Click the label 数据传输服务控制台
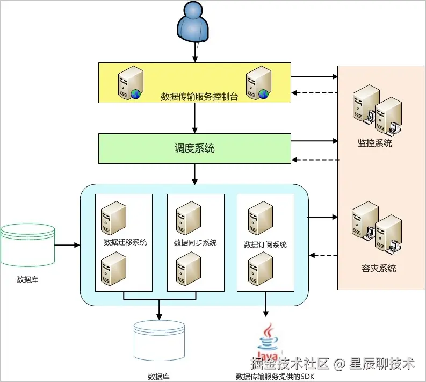[x=199, y=97]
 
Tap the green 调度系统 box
[x=194, y=148]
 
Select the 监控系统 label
[x=375, y=143]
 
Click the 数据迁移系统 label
[x=125, y=242]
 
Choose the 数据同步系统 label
[x=196, y=242]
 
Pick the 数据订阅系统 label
[x=265, y=244]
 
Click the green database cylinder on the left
[x=27, y=245]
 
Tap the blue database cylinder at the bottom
[x=159, y=341]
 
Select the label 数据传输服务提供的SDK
[x=275, y=377]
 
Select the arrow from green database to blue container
[x=67, y=245]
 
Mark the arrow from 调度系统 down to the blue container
[x=194, y=174]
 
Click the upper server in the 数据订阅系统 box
[x=261, y=217]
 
